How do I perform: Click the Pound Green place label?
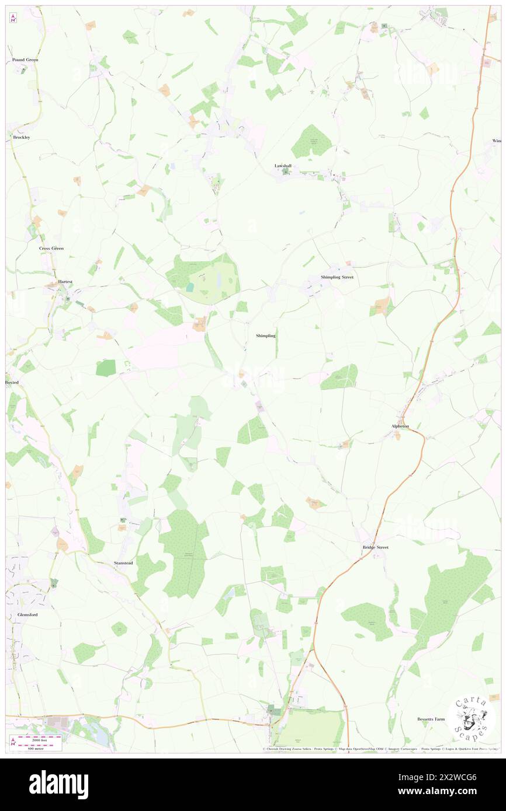click(25, 60)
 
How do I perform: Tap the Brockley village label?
click(21, 137)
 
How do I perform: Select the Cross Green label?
click(51, 249)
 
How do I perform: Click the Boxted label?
click(12, 382)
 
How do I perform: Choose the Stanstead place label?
click(123, 563)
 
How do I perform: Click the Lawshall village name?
click(283, 166)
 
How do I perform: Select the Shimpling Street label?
click(337, 277)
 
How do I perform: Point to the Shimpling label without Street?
click(265, 336)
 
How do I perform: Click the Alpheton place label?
click(400, 427)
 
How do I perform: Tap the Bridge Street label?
click(375, 547)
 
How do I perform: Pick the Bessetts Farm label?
click(431, 719)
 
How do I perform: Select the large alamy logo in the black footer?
click(58, 784)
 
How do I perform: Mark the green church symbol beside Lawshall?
click(286, 172)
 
